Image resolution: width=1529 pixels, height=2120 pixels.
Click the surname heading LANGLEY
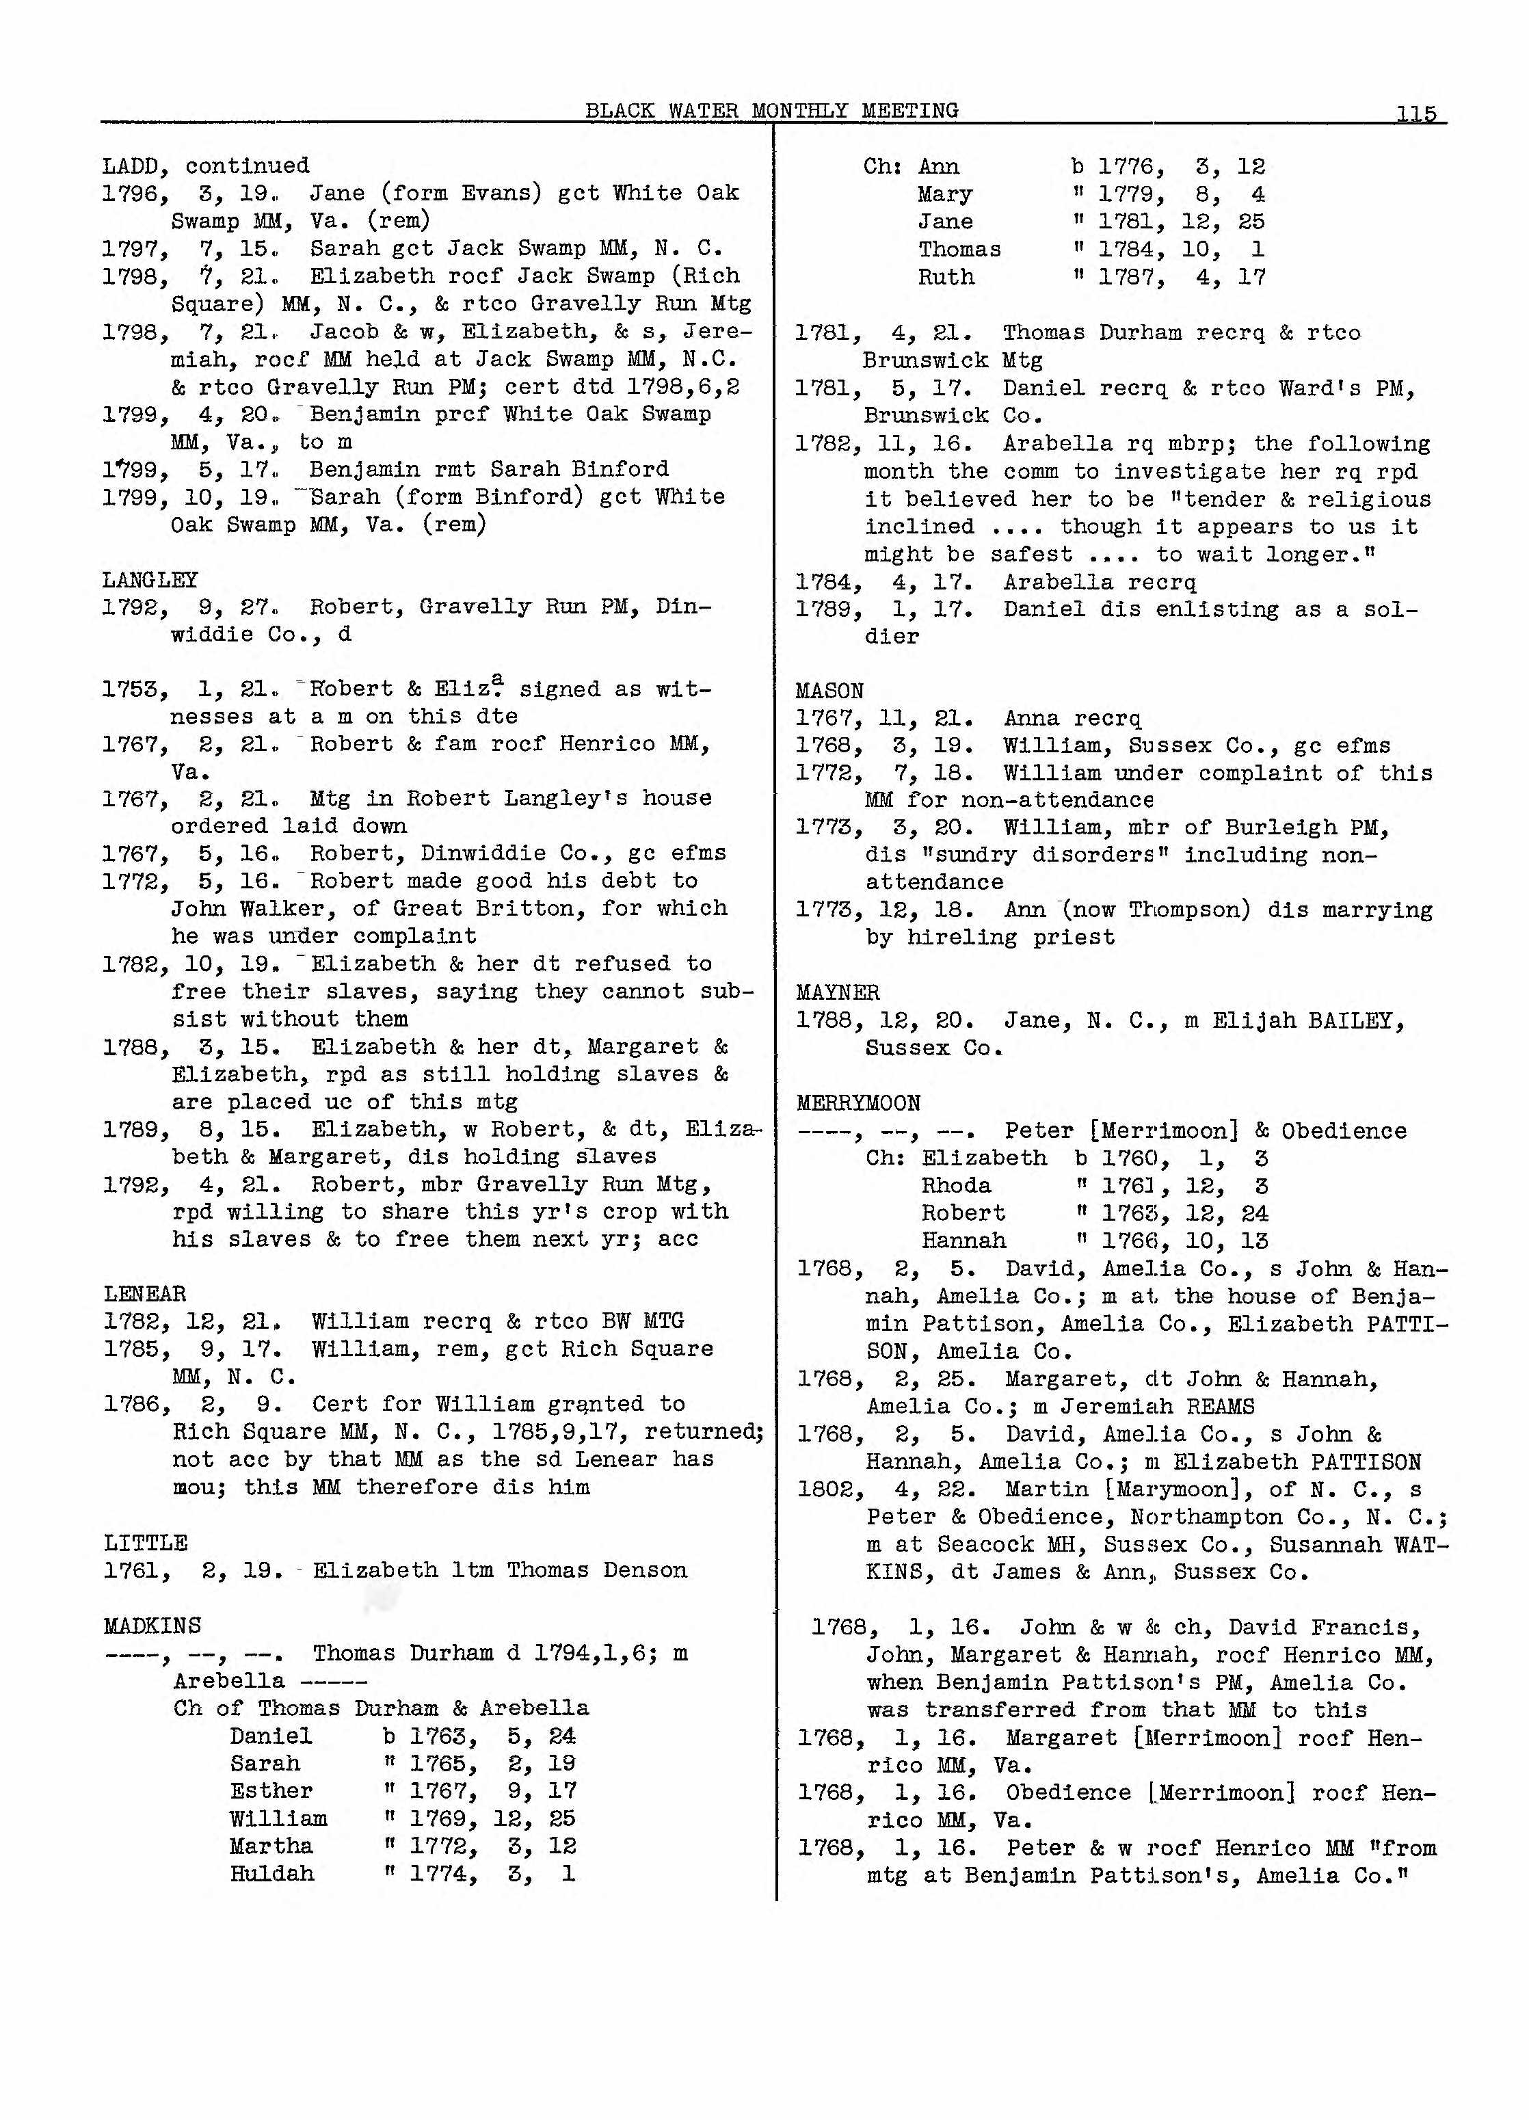pyautogui.click(x=150, y=579)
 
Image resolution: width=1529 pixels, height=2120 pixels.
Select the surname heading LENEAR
pyautogui.click(x=145, y=1294)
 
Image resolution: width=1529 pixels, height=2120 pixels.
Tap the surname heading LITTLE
pyautogui.click(x=145, y=1542)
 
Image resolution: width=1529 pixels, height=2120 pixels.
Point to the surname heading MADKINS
pyautogui.click(x=151, y=1626)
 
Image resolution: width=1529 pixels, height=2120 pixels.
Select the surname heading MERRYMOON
pyautogui.click(x=858, y=1103)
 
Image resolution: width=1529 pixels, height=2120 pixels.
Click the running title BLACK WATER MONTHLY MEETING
pyautogui.click(x=772, y=110)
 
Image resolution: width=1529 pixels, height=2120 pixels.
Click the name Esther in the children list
pyautogui.click(x=271, y=1790)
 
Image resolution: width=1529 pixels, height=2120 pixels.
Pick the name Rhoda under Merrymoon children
pyautogui.click(x=956, y=1185)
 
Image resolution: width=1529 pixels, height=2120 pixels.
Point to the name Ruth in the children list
pyautogui.click(x=946, y=277)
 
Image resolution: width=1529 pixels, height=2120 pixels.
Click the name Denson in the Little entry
pyautogui.click(x=645, y=1569)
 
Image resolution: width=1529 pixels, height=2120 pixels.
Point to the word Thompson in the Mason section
pyautogui.click(x=1182, y=910)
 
